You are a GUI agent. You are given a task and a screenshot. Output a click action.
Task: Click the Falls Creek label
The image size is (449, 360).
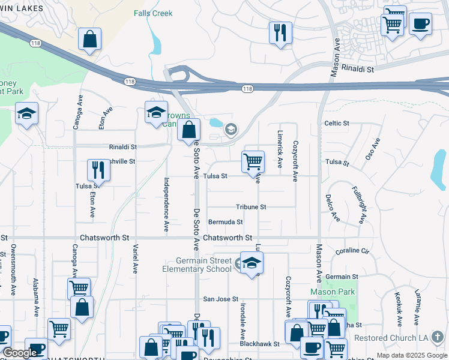[x=152, y=13]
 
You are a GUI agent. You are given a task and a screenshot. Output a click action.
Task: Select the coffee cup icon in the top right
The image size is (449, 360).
[x=420, y=24]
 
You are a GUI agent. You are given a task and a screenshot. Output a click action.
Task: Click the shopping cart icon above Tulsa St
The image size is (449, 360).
[x=253, y=161]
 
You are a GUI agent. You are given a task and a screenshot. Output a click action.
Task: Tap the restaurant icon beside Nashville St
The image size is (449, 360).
[x=98, y=170]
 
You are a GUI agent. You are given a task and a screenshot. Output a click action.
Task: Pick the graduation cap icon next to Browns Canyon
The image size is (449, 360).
[x=156, y=112]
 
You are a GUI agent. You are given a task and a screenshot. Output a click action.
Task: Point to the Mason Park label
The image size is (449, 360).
[x=332, y=292]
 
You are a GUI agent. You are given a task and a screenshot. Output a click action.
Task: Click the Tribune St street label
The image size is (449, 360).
[x=250, y=207]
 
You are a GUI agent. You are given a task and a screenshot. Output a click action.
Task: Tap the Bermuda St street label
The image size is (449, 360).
[x=225, y=222]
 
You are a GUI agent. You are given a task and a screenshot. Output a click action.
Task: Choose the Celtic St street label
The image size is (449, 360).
[x=336, y=123]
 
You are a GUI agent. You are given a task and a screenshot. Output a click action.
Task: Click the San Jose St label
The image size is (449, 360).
[x=220, y=299]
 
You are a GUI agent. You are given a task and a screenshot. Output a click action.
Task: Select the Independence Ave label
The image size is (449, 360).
[x=166, y=204]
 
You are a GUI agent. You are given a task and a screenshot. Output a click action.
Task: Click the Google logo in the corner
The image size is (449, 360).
[x=20, y=353]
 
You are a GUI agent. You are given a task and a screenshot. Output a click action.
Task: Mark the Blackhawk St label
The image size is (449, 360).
[x=259, y=344]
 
